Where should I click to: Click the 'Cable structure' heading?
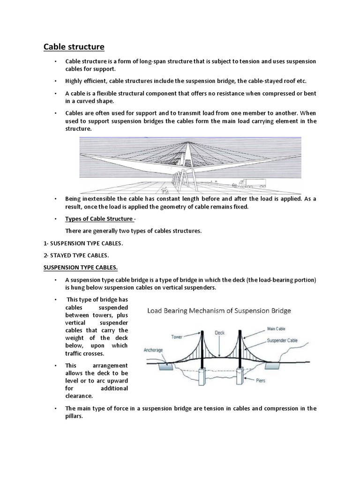tap(74, 47)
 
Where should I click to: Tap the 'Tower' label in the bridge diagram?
tap(177, 336)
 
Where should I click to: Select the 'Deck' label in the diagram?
tap(220, 332)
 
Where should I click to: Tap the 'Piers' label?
tap(260, 381)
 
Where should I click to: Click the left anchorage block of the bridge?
tap(165, 367)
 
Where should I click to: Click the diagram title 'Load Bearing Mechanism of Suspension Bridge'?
tap(219, 310)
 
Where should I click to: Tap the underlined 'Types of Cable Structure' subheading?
tap(99, 219)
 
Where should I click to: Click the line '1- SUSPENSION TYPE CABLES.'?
tap(83, 244)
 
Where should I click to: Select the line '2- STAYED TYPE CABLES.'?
tap(76, 255)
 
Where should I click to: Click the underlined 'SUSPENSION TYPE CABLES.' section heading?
tap(81, 267)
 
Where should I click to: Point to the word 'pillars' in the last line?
tap(74, 415)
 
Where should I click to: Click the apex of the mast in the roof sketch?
tap(187, 142)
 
